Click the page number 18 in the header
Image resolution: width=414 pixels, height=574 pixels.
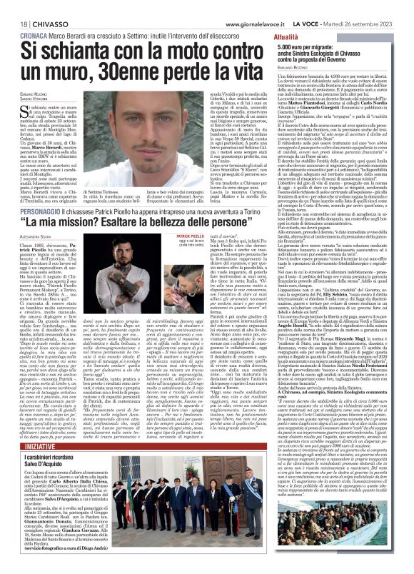(x=14, y=6)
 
